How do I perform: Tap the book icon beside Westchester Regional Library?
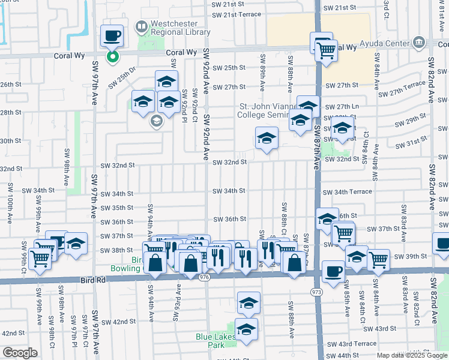[141, 27]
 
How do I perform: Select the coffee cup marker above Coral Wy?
[112, 37]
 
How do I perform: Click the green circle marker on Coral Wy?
[112, 57]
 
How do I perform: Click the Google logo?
[20, 353]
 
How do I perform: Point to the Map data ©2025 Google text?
[411, 355]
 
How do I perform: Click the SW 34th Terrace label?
[348, 192]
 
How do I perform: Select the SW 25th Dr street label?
[122, 80]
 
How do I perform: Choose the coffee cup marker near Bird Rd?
[333, 271]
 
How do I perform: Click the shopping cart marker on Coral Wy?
[325, 52]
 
